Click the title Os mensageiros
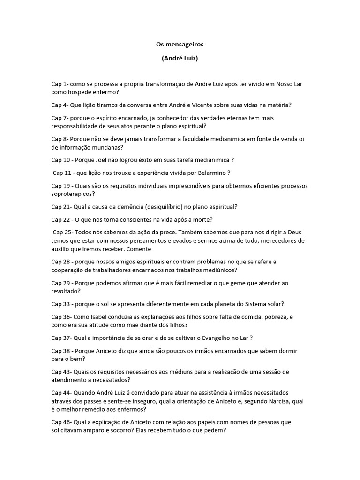tap(180, 45)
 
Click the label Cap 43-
tap(62, 372)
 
